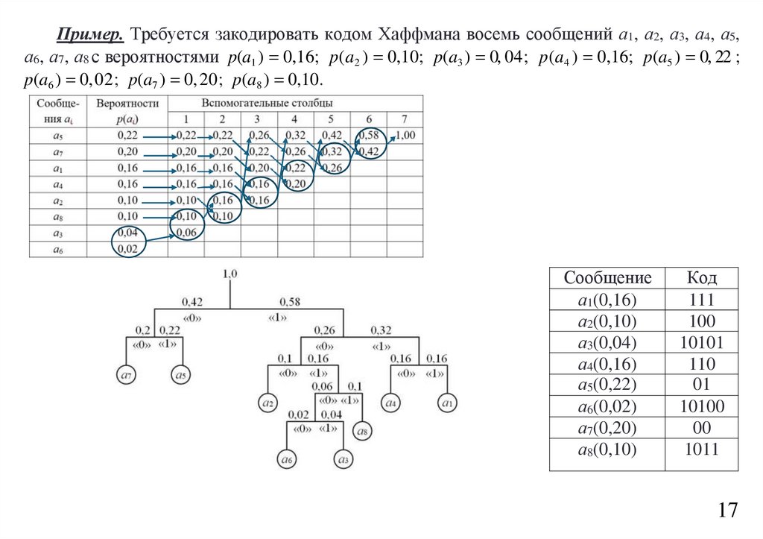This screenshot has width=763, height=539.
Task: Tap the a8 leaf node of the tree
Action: coord(362,430)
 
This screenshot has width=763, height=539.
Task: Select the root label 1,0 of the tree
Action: coord(229,274)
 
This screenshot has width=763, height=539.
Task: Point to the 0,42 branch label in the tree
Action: coord(193,302)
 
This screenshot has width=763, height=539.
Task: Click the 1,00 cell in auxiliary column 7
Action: coord(405,135)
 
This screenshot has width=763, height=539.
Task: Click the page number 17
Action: coord(728,510)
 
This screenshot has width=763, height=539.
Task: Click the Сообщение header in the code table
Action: coord(607,279)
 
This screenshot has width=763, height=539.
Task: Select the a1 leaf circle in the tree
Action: coord(446,403)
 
